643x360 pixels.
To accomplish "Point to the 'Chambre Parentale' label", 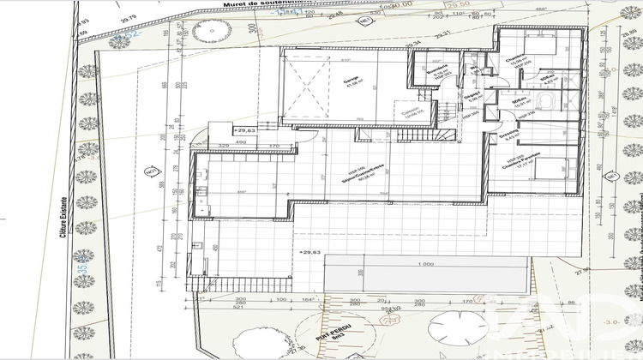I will coord(514,167).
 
